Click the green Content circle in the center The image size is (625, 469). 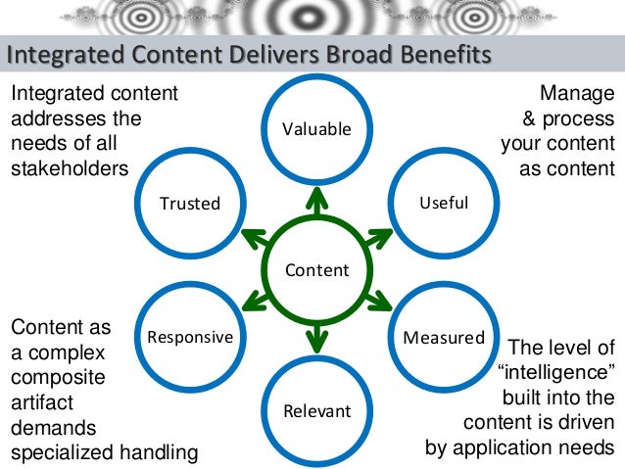(316, 269)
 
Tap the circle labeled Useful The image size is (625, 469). (443, 203)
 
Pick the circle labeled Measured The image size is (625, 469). (443, 338)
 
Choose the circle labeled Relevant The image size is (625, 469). (316, 410)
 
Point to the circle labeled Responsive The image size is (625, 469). (190, 338)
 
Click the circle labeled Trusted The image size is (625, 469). (190, 203)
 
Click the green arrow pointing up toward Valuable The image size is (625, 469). (316, 199)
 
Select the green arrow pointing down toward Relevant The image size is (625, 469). (316, 340)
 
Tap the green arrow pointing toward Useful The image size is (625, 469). (377, 235)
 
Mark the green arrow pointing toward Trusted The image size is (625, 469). (256, 235)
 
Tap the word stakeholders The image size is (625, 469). (70, 168)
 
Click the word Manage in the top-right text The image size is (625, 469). (578, 94)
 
